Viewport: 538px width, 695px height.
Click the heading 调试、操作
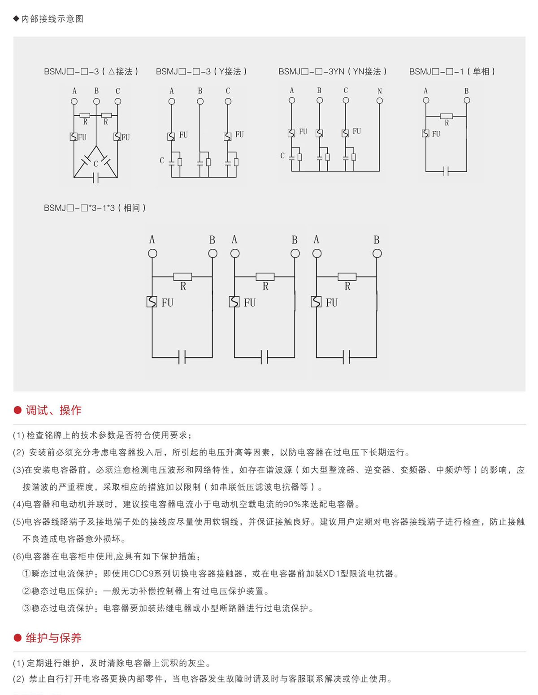pyautogui.click(x=53, y=410)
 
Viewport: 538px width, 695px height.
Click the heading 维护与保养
pyautogui.click(x=53, y=638)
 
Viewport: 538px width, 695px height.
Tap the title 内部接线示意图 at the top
pyautogui.click(x=52, y=19)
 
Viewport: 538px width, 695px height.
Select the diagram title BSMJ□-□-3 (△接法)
pyautogui.click(x=91, y=71)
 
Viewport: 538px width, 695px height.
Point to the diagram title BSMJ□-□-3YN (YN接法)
pyautogui.click(x=332, y=71)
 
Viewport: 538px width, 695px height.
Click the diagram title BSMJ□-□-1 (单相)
pyautogui.click(x=452, y=71)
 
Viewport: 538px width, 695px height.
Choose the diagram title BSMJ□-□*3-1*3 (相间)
pyautogui.click(x=95, y=208)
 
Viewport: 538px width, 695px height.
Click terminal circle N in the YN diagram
pyautogui.click(x=380, y=101)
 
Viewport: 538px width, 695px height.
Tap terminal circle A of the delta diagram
pyautogui.click(x=74, y=101)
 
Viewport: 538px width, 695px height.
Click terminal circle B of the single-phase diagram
pyautogui.click(x=467, y=100)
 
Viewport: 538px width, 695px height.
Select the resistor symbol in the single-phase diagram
pyautogui.click(x=446, y=116)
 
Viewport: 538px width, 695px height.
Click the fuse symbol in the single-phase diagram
pyautogui.click(x=425, y=133)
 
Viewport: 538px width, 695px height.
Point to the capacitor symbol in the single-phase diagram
pyautogui.click(x=446, y=171)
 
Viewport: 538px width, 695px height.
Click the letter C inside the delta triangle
pyautogui.click(x=95, y=164)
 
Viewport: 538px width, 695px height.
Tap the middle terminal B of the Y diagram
pyautogui.click(x=200, y=101)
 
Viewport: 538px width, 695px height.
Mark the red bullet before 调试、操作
pyautogui.click(x=18, y=410)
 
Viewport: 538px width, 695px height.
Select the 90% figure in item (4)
pyautogui.click(x=291, y=504)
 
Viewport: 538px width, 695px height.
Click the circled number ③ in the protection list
pyautogui.click(x=26, y=608)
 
